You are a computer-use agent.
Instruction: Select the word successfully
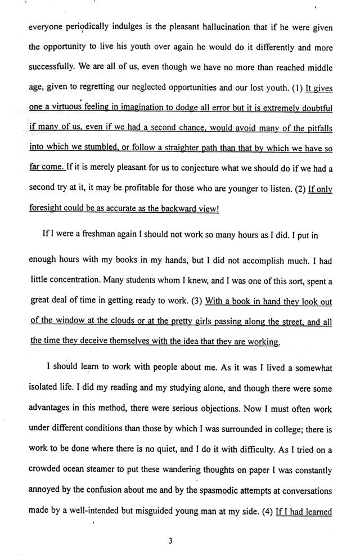click(x=50, y=68)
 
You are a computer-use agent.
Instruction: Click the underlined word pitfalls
click(x=316, y=129)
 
